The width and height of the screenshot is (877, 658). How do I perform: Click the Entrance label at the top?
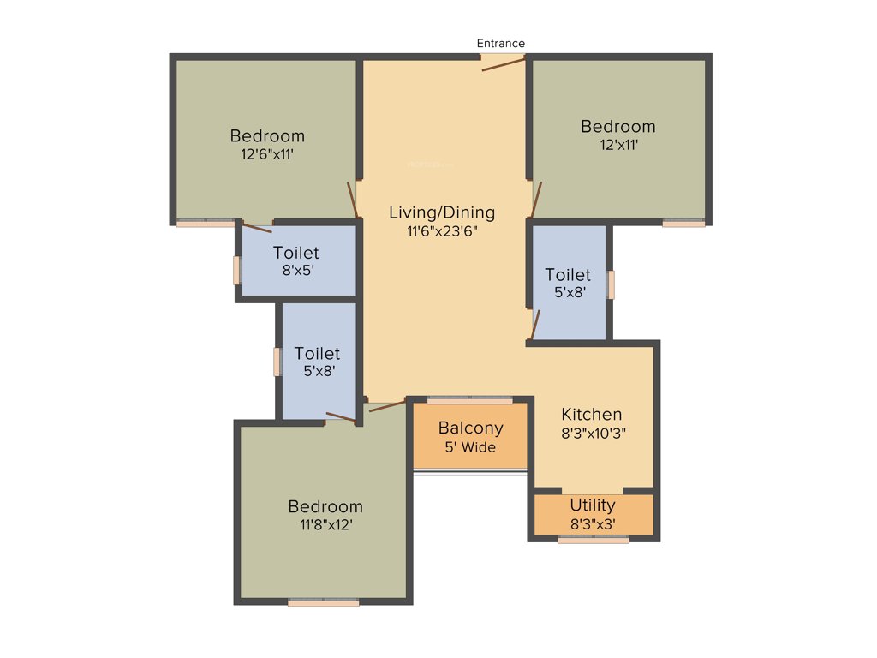501,43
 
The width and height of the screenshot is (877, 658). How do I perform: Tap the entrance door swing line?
503,64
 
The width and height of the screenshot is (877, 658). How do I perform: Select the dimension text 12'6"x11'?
267,155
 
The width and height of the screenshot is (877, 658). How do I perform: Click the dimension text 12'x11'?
618,146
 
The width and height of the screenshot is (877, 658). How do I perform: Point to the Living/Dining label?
441,212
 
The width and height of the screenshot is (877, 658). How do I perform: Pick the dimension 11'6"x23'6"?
441,231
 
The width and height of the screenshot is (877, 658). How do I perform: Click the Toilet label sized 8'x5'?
296,253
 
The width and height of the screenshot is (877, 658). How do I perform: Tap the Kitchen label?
592,415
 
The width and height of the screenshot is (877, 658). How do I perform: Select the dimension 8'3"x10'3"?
593,434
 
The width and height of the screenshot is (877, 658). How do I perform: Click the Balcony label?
470,428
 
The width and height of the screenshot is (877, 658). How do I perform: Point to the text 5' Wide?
470,447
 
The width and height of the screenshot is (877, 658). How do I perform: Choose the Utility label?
593,505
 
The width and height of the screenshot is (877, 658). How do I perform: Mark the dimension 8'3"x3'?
593,523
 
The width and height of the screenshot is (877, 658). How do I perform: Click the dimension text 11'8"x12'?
325,525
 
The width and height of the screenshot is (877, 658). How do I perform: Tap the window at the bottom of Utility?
593,540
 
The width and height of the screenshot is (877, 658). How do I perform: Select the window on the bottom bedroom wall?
323,603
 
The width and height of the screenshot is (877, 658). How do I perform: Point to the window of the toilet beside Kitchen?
611,284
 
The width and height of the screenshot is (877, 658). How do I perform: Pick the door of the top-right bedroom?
535,200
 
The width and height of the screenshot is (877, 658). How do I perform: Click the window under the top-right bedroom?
683,224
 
